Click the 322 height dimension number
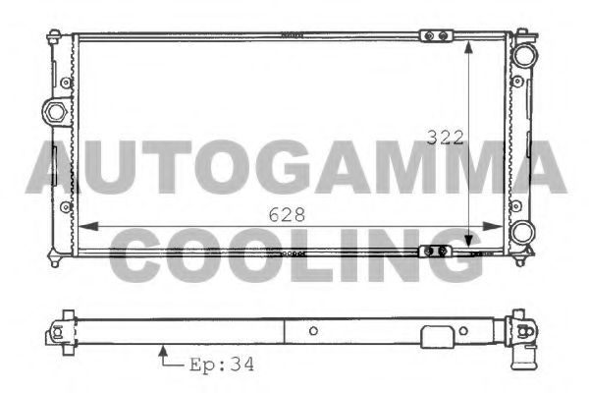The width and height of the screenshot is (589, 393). (x=446, y=138)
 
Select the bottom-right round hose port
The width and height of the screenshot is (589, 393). (x=523, y=234)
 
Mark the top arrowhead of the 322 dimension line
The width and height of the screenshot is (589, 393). (x=471, y=46)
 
